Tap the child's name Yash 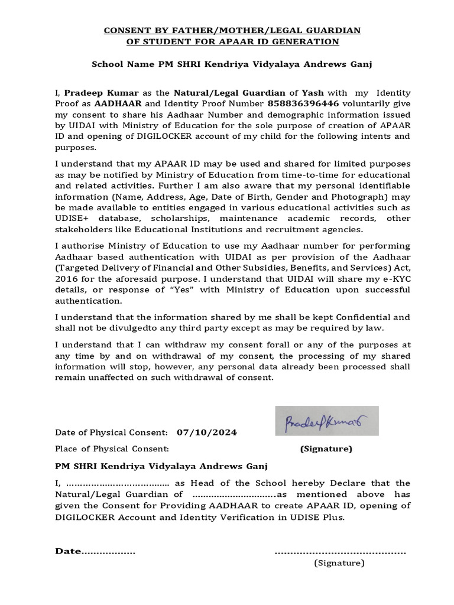point(313,93)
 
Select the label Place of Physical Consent point(112,449)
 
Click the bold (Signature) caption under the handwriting point(326,449)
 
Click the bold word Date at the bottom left point(67,551)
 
